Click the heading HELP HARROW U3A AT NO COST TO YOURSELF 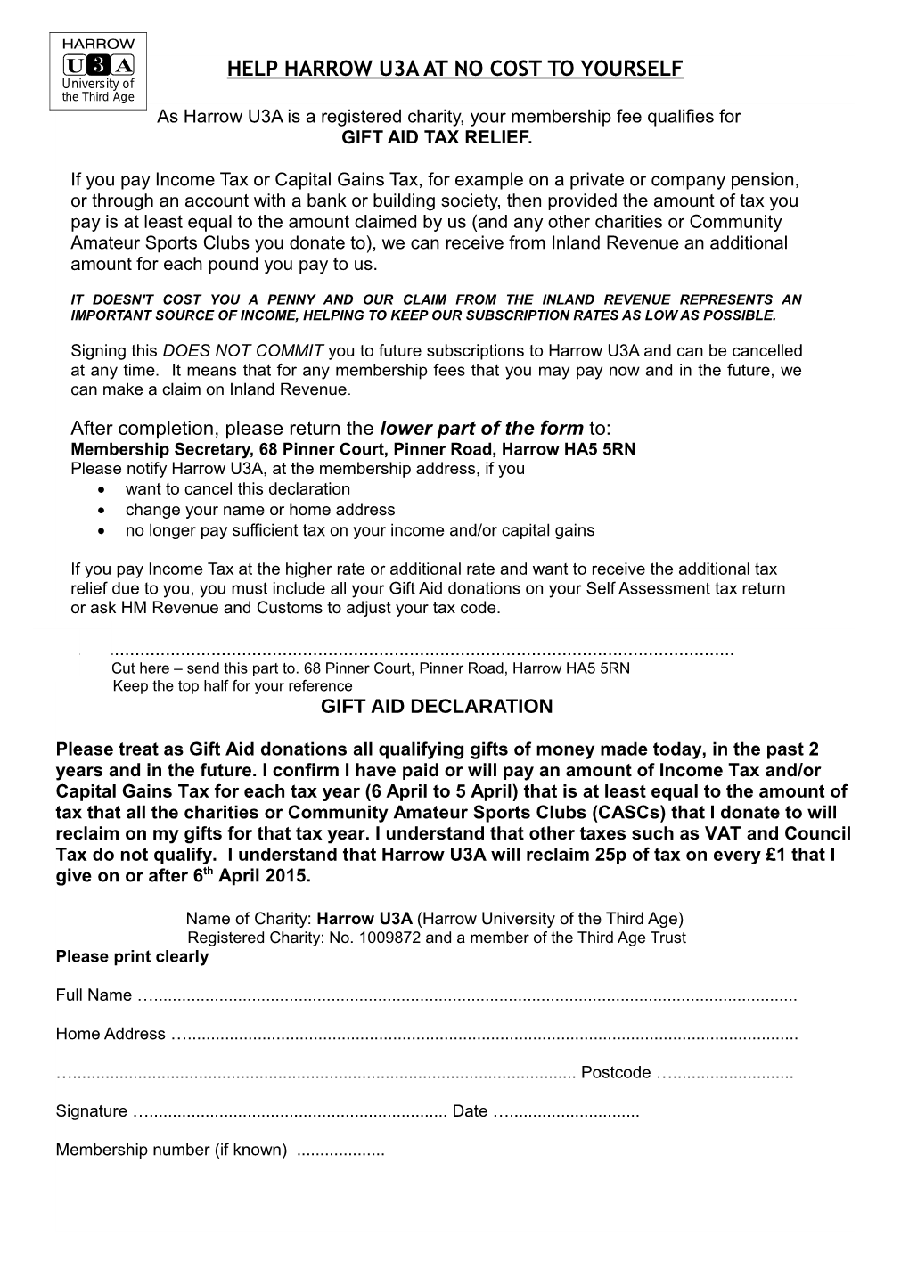(455, 69)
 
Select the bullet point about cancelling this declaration (237, 488)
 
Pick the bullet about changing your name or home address (259, 510)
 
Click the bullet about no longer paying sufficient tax (359, 530)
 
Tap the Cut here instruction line (370, 668)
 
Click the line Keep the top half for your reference (233, 686)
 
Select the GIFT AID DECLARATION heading (436, 707)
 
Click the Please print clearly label (132, 957)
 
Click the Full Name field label (94, 995)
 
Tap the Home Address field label (111, 1034)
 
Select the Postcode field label (616, 1072)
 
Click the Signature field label (91, 1111)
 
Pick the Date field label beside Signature (470, 1111)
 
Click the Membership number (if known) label (171, 1150)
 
